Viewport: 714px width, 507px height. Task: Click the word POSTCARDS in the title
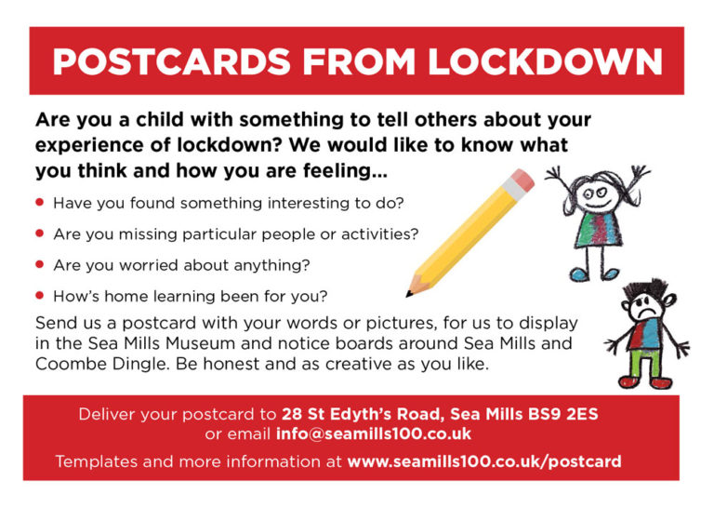[x=172, y=61]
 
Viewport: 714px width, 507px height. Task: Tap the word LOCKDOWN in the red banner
[x=545, y=61]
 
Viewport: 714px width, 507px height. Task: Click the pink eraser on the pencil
[x=522, y=180]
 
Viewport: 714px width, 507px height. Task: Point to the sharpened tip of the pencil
[x=408, y=294]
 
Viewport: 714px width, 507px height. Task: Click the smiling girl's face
[x=595, y=197]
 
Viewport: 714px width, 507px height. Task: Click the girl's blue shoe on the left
[x=580, y=274]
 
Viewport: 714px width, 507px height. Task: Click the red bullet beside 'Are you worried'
[x=40, y=264]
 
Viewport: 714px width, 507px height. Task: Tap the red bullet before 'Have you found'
[x=40, y=202]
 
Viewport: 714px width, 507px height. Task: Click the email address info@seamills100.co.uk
[x=374, y=434]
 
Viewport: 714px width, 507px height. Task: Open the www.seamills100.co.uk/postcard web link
[x=484, y=461]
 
